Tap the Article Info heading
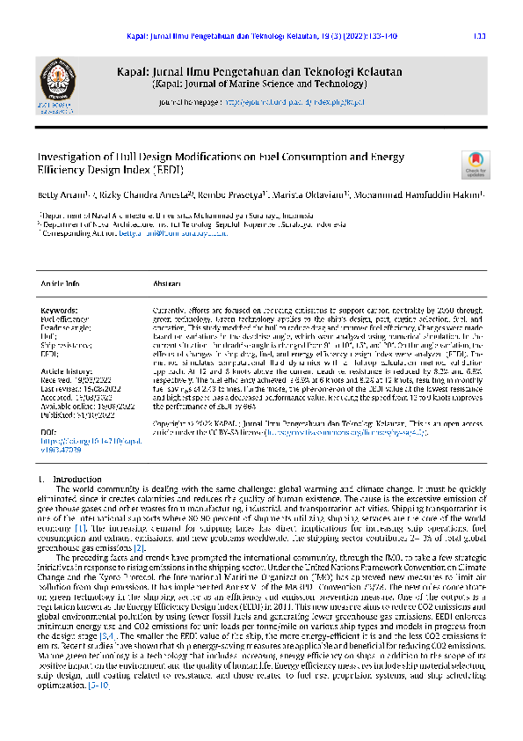(x=61, y=284)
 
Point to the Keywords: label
(x=60, y=310)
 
